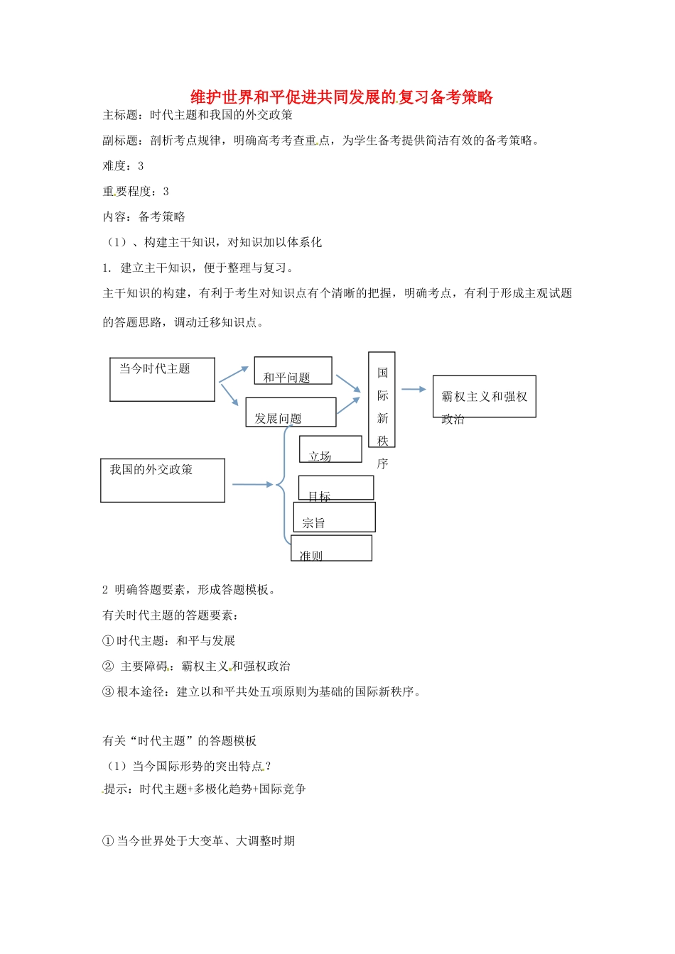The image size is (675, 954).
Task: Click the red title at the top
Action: tap(342, 97)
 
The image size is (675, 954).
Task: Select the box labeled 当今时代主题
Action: tap(162, 380)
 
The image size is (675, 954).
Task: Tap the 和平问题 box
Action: tap(293, 371)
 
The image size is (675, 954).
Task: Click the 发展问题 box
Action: tap(291, 412)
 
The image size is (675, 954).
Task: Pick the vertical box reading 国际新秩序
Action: tap(382, 400)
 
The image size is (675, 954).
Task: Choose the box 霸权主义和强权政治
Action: tap(484, 397)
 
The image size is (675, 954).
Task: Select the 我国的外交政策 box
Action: tap(163, 481)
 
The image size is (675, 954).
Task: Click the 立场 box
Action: tap(330, 449)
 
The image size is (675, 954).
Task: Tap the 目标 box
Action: tap(335, 488)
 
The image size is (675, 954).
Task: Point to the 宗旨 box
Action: tap(334, 517)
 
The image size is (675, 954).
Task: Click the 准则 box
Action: tap(331, 548)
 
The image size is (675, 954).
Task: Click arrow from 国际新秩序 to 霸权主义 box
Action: tap(414, 389)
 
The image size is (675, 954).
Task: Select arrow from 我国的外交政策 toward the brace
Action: tap(252, 484)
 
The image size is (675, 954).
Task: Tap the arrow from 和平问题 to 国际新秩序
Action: tap(348, 383)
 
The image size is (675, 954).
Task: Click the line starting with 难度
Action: tap(124, 166)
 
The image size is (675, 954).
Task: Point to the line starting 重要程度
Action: tap(136, 192)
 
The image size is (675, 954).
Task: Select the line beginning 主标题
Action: tap(198, 115)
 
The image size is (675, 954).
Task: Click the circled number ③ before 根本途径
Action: tap(108, 692)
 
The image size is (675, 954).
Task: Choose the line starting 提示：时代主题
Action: tap(205, 789)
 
